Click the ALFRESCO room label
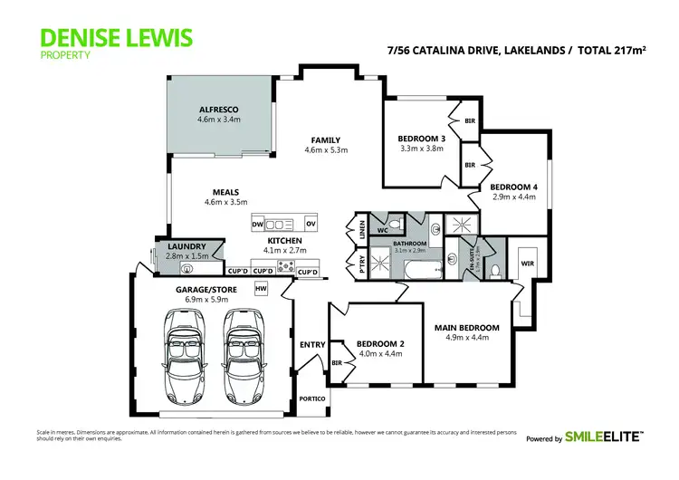219,108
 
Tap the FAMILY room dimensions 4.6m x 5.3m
326,150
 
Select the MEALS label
225,191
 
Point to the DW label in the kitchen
257,224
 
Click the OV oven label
311,224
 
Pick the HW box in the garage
262,288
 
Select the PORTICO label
312,399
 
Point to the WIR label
527,263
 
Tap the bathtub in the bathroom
421,269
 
